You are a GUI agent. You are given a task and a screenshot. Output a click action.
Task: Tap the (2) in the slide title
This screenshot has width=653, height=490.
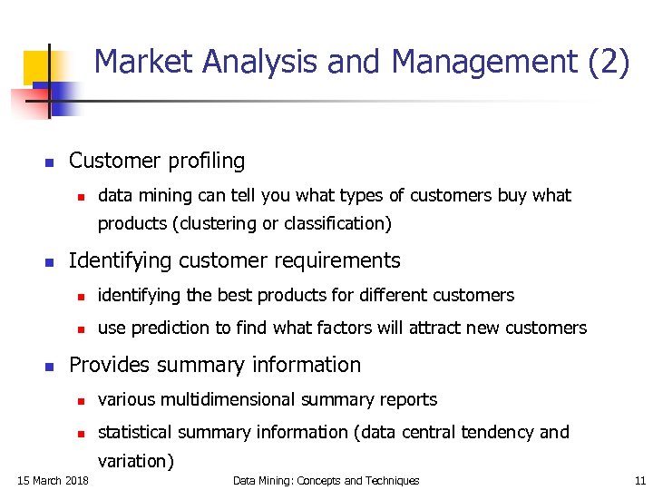pos(608,62)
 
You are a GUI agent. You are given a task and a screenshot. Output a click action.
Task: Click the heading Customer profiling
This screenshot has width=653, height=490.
pos(157,162)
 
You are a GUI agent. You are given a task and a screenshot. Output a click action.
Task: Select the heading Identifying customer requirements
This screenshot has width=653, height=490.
pos(234,261)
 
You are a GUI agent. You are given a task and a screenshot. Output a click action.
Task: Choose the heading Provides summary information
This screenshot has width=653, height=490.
pos(215,365)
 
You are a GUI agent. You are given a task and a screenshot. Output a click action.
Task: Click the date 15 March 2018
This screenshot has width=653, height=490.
pos(54,480)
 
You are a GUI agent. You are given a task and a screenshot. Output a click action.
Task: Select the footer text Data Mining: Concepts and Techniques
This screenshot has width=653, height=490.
pos(326,480)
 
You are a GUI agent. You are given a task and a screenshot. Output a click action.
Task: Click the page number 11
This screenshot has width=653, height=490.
pos(640,480)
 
